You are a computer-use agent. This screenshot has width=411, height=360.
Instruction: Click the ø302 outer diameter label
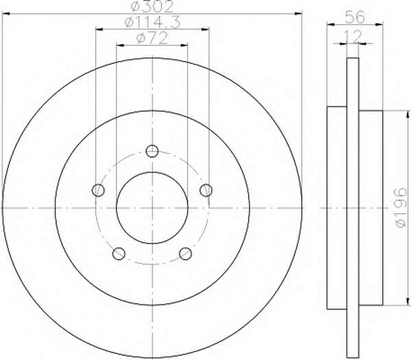coord(152,7)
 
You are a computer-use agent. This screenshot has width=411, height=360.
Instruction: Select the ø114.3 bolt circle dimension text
coord(153,23)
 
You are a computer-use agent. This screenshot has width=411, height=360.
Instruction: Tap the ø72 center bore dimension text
coord(152,38)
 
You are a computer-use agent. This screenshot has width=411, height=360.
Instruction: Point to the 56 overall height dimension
coord(355,18)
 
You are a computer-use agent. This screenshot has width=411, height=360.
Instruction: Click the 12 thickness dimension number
coord(353,36)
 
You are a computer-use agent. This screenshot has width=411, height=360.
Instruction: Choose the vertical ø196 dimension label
coord(401,208)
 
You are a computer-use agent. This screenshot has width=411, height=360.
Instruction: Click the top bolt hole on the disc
coord(152,151)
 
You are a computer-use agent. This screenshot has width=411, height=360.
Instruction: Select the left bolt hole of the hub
coord(98,190)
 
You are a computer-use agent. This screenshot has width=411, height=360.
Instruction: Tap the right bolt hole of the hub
coord(206,190)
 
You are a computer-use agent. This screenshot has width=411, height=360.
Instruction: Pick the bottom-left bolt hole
coord(119,254)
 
